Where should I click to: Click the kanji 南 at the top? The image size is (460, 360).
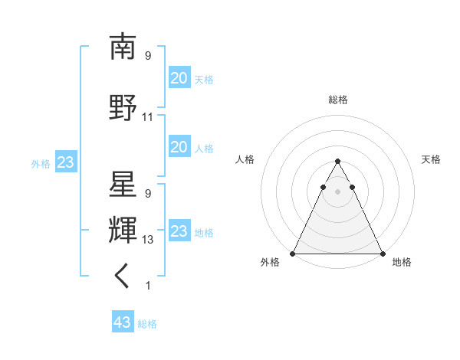[x=123, y=47]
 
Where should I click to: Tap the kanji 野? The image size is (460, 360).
[x=123, y=107]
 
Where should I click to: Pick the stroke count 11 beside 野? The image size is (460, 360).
[x=148, y=117]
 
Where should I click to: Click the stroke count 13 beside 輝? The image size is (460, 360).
[x=148, y=240]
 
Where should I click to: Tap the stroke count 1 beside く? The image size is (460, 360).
[x=148, y=286]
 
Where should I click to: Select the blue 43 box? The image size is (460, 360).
[x=123, y=322]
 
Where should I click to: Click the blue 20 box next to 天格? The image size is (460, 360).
[x=179, y=78]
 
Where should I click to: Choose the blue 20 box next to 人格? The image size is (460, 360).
[x=179, y=147]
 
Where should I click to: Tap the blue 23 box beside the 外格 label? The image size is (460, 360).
[x=65, y=162]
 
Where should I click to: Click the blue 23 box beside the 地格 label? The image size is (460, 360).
[x=179, y=231]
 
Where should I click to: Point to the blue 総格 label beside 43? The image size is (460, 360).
[x=147, y=324]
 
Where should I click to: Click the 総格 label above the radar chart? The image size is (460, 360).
[x=338, y=100]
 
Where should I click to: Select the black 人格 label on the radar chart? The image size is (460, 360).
[x=245, y=159]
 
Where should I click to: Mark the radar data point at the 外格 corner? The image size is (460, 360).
[x=293, y=253]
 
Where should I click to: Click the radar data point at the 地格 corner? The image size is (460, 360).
[x=383, y=253]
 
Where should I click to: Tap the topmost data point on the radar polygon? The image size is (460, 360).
[x=337, y=162]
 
